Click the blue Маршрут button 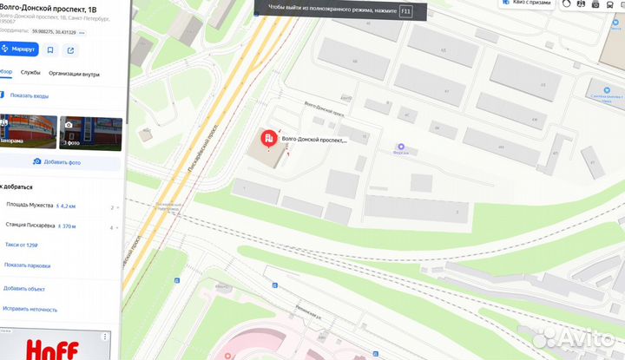[16, 49]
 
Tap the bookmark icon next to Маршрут [49, 49]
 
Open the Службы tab [30, 73]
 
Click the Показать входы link [30, 95]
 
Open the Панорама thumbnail [28, 133]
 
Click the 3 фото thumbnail [89, 133]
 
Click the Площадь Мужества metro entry [29, 206]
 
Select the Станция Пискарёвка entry [30, 226]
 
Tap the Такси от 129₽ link [23, 245]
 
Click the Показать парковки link [27, 265]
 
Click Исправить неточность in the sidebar [30, 309]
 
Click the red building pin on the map [269, 138]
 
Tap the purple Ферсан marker [400, 147]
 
